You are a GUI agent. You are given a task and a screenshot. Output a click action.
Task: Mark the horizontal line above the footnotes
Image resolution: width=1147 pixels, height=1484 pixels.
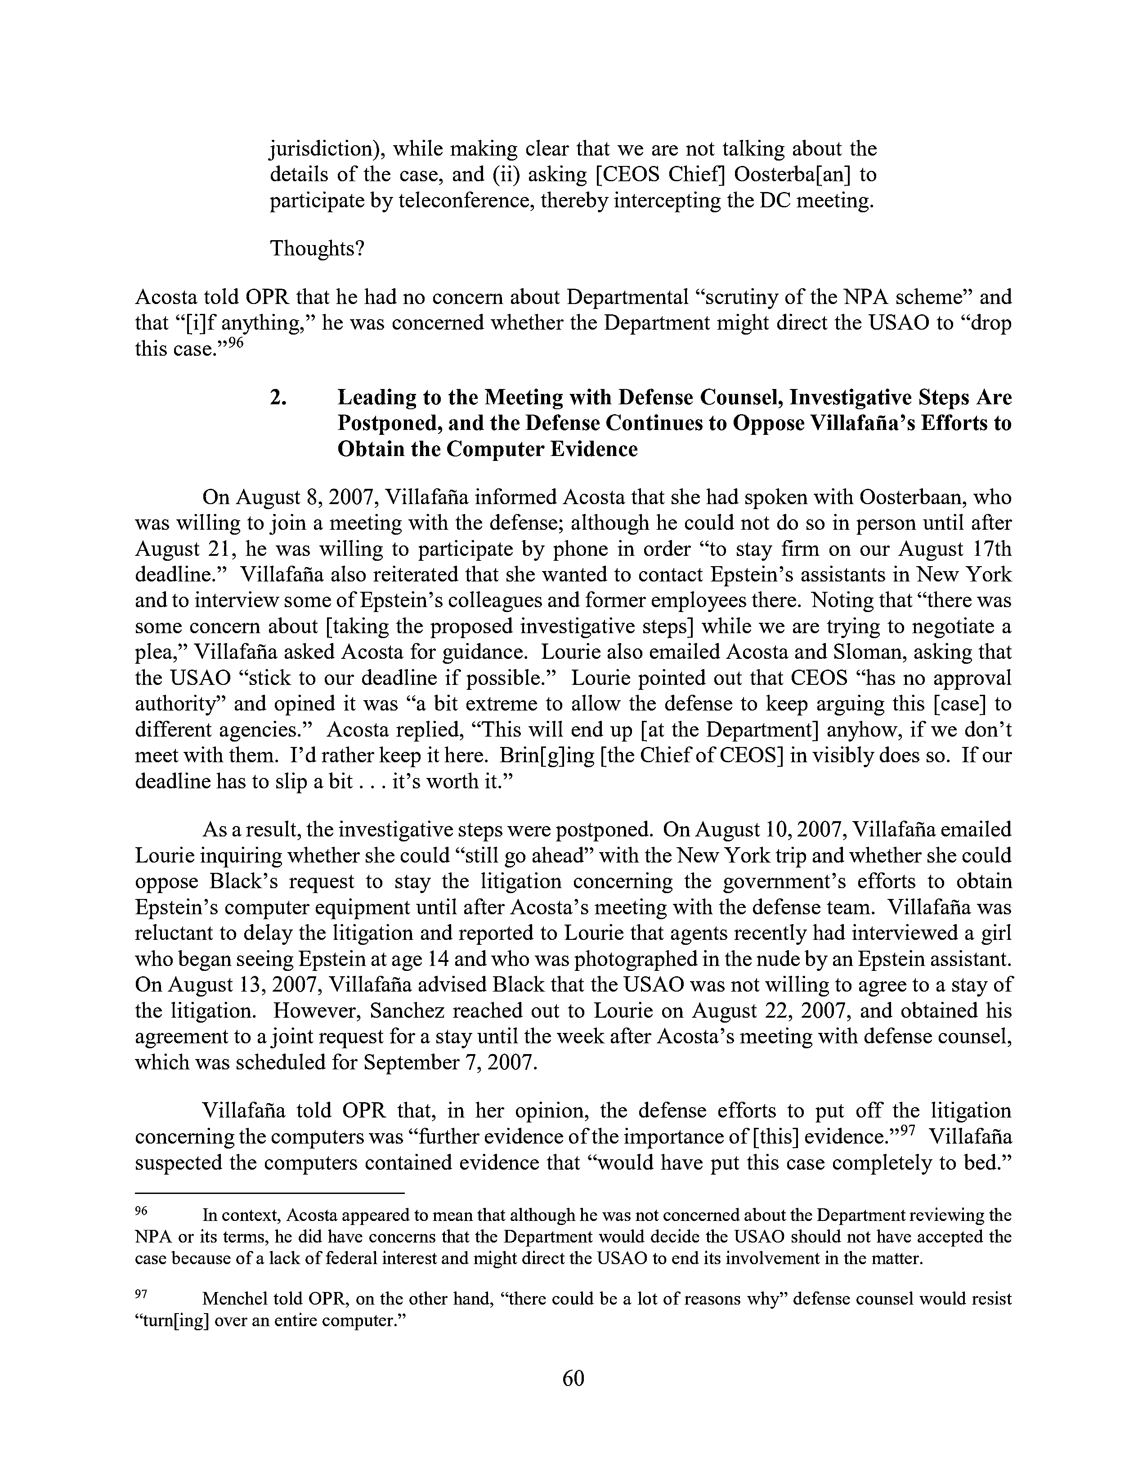point(270,1193)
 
